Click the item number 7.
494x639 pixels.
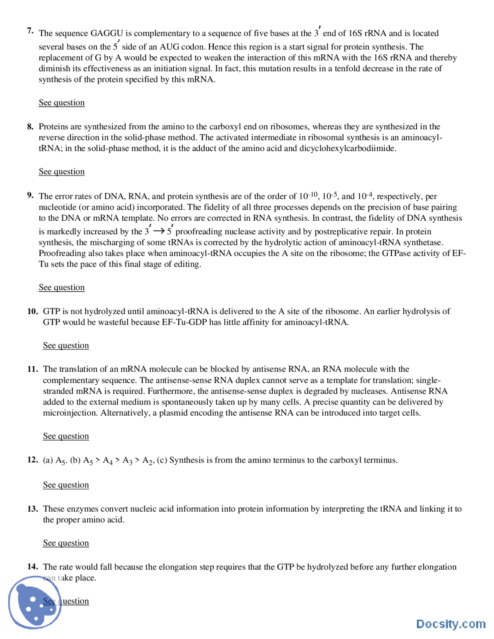pyautogui.click(x=30, y=31)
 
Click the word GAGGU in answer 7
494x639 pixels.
pyautogui.click(x=107, y=33)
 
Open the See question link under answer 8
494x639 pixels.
pyautogui.click(x=61, y=172)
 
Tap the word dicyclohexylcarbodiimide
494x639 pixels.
pyautogui.click(x=347, y=149)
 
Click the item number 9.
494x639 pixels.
pyautogui.click(x=30, y=195)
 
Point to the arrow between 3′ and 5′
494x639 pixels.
pyautogui.click(x=159, y=231)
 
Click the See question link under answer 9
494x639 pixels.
pyautogui.click(x=61, y=287)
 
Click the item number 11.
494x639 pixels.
pyautogui.click(x=32, y=369)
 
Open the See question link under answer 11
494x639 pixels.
pyautogui.click(x=66, y=436)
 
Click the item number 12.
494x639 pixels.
pyautogui.click(x=32, y=460)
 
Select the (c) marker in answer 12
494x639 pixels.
pyautogui.click(x=162, y=460)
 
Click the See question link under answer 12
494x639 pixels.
pyautogui.click(x=66, y=485)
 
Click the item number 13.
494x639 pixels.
pyautogui.click(x=32, y=509)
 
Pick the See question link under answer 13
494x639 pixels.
pyautogui.click(x=66, y=543)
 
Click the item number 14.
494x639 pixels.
pyautogui.click(x=32, y=566)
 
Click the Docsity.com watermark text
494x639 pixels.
pyautogui.click(x=450, y=624)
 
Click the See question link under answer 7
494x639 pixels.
pyautogui.click(x=61, y=103)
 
